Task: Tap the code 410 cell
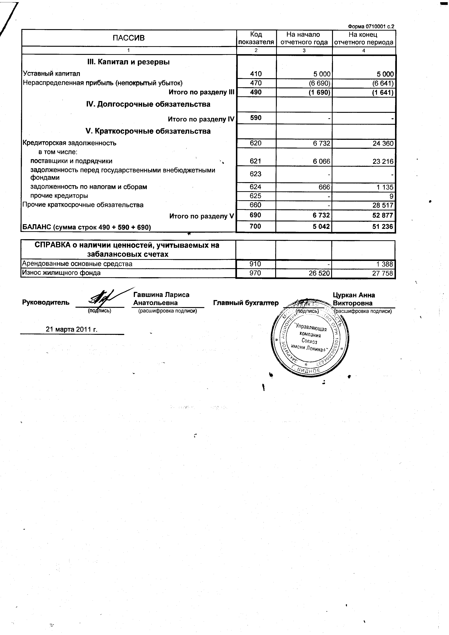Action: click(x=256, y=74)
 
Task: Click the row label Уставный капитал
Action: click(x=51, y=74)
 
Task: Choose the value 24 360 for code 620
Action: click(x=383, y=144)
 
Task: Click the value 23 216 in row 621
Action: click(x=383, y=162)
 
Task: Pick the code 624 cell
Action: click(x=255, y=187)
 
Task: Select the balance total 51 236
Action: click(x=382, y=227)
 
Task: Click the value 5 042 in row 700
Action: click(x=321, y=227)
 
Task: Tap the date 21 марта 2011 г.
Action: click(x=72, y=329)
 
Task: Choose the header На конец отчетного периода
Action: click(x=363, y=38)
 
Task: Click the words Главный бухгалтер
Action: click(x=246, y=303)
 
